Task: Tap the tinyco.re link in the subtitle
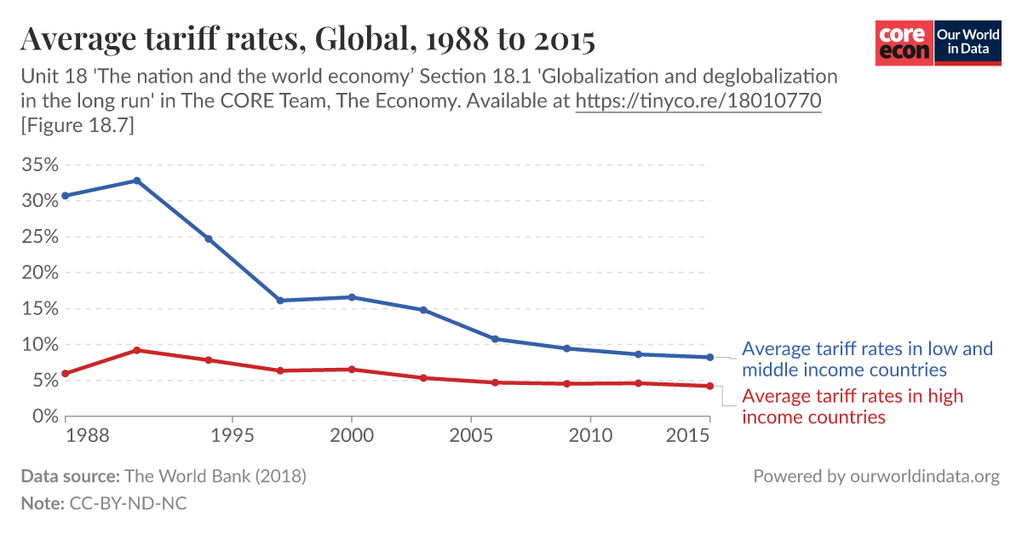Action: (698, 101)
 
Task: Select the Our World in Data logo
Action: (967, 43)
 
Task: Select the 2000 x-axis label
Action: (351, 436)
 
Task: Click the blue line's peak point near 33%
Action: (136, 181)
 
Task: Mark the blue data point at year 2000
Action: (351, 297)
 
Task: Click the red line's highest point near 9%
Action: (136, 350)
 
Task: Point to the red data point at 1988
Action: (65, 373)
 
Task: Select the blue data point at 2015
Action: (709, 357)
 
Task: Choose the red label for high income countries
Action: (852, 406)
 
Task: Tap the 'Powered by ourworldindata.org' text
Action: (876, 476)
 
